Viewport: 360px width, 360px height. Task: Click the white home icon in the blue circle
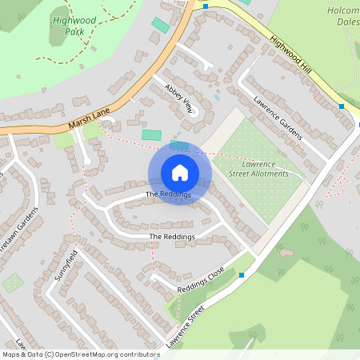(180, 172)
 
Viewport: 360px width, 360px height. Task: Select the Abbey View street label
(179, 98)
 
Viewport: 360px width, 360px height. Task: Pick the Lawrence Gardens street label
(278, 118)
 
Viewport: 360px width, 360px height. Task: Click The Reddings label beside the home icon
(168, 194)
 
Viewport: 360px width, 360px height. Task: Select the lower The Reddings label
(172, 237)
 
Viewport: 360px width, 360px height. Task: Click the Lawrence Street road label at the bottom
(186, 327)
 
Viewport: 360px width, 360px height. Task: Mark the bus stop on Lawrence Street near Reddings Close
(241, 275)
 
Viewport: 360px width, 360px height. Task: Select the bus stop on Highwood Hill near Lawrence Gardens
(342, 106)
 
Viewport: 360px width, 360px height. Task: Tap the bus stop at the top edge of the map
(206, 6)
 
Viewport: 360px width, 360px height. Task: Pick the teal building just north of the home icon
(179, 145)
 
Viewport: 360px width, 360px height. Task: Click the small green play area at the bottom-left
(12, 282)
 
